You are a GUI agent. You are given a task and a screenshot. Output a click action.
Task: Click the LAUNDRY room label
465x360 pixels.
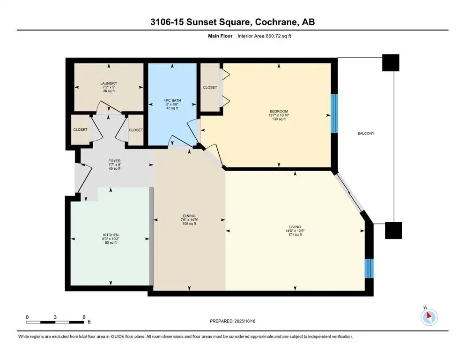pos(109,83)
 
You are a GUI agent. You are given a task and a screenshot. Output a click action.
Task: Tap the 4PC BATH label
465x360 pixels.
pos(172,100)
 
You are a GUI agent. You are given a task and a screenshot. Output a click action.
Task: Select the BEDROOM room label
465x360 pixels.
pos(279,111)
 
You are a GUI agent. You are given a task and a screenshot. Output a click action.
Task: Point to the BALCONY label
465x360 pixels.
pos(366,134)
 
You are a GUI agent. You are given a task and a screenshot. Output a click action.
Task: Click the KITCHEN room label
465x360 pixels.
pos(111,235)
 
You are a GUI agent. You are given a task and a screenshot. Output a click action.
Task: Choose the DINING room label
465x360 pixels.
pos(189,216)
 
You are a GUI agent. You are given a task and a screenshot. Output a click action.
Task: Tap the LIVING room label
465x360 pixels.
pos(295,227)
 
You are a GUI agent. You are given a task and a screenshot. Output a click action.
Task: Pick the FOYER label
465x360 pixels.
pos(114,161)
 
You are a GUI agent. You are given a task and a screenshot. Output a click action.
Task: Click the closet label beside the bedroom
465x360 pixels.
pos(210,88)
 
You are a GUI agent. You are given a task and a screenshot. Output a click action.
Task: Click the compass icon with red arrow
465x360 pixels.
pos(429,317)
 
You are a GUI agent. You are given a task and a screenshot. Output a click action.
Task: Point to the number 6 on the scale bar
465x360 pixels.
pos(84,317)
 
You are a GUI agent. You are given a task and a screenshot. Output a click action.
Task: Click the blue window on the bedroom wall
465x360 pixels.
pos(334,113)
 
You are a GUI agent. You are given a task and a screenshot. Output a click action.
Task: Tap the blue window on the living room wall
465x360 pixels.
pos(369,268)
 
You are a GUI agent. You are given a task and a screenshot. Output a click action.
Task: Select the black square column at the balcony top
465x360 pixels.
pos(391,63)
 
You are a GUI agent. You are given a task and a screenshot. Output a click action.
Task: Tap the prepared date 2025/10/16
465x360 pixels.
pos(245,321)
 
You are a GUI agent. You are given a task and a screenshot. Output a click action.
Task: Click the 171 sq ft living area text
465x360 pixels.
pos(295,234)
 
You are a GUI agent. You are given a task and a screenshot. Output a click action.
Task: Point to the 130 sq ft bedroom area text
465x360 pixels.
pos(279,119)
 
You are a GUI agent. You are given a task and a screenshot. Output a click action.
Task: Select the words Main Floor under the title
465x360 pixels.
pos(220,36)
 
